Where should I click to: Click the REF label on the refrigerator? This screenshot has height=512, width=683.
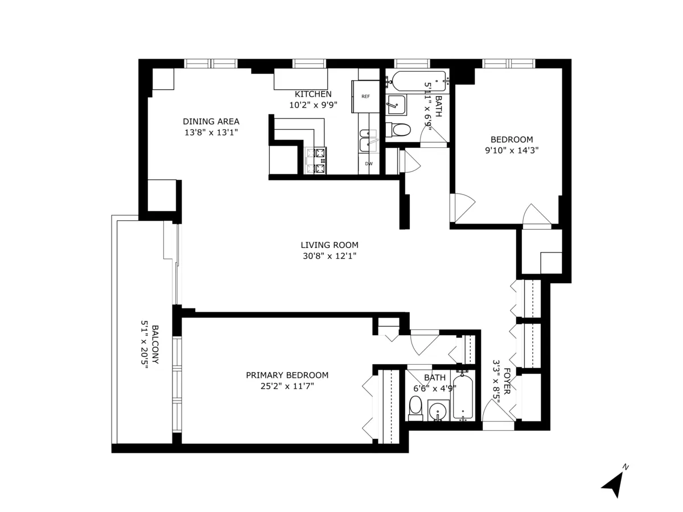[365, 97]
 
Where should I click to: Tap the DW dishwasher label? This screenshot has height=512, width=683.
[369, 164]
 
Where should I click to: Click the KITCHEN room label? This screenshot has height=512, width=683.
[312, 94]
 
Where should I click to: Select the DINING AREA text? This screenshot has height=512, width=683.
[211, 121]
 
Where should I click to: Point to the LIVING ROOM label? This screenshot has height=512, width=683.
[330, 245]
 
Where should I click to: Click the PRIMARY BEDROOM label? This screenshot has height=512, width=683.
[287, 375]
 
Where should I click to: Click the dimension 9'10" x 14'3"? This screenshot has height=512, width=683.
[512, 151]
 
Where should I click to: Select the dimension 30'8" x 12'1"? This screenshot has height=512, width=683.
[330, 256]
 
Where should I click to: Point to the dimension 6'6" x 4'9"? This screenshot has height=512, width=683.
[435, 389]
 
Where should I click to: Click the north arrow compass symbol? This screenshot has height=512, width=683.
[614, 482]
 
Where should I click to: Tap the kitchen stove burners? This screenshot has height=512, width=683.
[317, 160]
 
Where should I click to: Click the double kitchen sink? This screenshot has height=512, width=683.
[368, 141]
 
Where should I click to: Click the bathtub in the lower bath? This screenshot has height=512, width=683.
[463, 396]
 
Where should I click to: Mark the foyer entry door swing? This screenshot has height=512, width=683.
[491, 411]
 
